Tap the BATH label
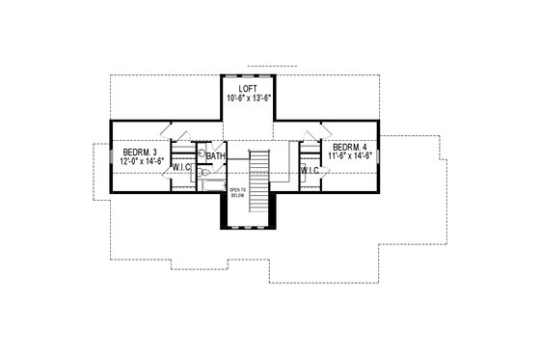(x=216, y=155)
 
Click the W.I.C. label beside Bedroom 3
(x=183, y=168)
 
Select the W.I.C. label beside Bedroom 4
(x=310, y=171)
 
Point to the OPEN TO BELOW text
(x=238, y=192)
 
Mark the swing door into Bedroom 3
(x=166, y=129)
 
